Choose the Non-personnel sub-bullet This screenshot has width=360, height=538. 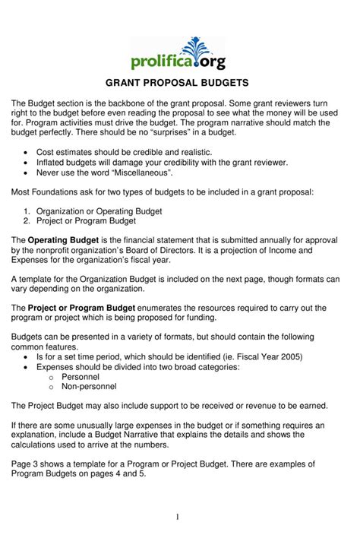point(90,386)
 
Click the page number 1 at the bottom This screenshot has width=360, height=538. point(178,517)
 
